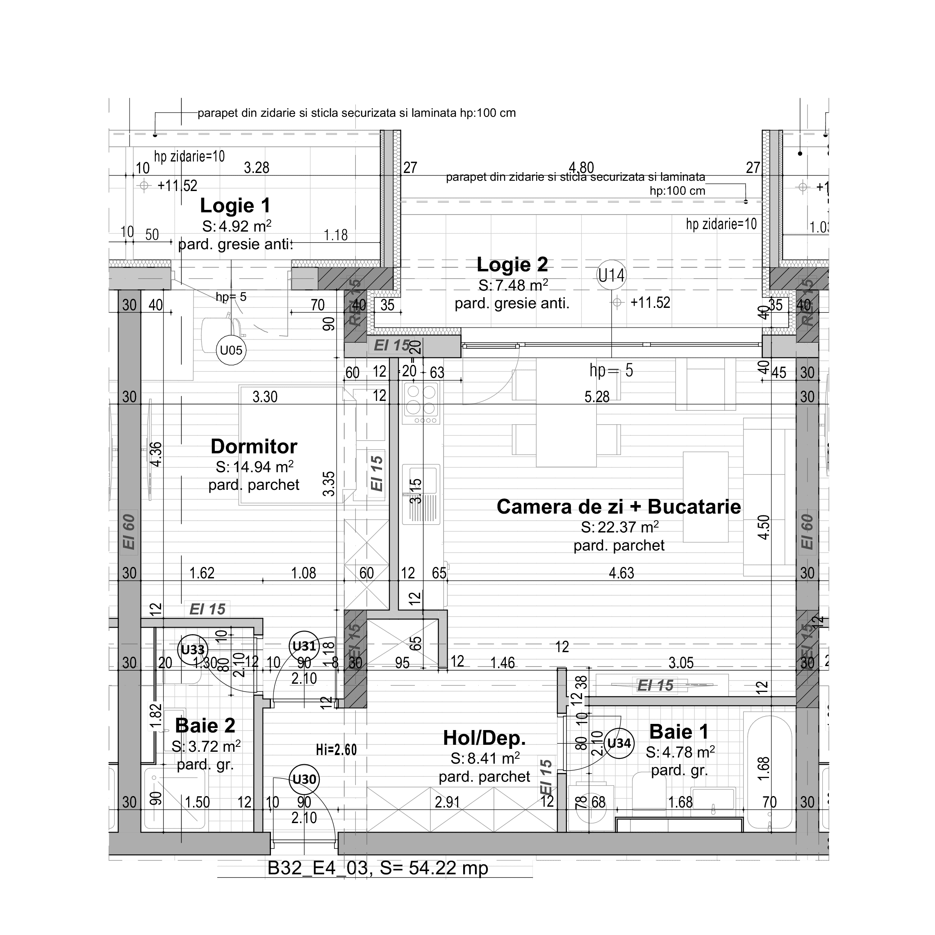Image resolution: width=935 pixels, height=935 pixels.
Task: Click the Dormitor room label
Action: tap(254, 446)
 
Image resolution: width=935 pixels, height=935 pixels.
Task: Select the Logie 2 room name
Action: tap(512, 265)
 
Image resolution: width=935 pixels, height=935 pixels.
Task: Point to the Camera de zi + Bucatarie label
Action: tap(619, 507)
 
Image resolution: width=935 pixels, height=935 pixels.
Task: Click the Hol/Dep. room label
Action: tap(484, 737)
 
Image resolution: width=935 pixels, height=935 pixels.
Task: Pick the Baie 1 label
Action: tap(678, 731)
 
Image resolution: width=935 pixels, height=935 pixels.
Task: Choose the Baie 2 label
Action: tap(205, 726)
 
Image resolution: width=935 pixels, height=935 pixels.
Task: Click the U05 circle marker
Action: tap(231, 350)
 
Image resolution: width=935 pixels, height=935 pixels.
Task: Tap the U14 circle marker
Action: tap(611, 275)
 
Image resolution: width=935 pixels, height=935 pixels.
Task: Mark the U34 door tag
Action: tap(619, 743)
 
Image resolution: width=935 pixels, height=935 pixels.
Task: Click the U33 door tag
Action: tap(193, 649)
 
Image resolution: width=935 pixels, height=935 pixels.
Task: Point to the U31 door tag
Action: tap(304, 646)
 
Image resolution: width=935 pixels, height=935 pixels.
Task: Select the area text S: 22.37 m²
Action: tap(619, 527)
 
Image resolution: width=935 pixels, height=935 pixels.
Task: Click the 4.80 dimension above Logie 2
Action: tap(581, 168)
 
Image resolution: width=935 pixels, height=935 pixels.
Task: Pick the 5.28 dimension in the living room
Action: tap(596, 397)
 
